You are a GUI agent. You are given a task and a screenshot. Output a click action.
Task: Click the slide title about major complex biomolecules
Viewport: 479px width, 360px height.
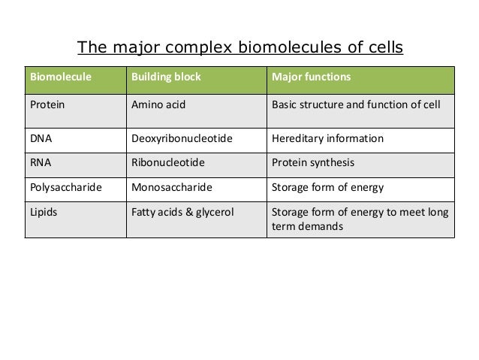240,49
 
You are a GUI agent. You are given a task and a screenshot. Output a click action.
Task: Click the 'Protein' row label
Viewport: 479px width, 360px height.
46,105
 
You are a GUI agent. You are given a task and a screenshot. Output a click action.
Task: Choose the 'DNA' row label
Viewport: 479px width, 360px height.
41,139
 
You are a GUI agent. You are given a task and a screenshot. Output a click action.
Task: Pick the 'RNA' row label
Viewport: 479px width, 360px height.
41,162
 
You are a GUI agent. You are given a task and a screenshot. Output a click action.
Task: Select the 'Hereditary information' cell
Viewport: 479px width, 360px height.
327,139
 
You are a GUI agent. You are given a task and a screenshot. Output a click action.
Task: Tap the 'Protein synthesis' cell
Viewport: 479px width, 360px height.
313,162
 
